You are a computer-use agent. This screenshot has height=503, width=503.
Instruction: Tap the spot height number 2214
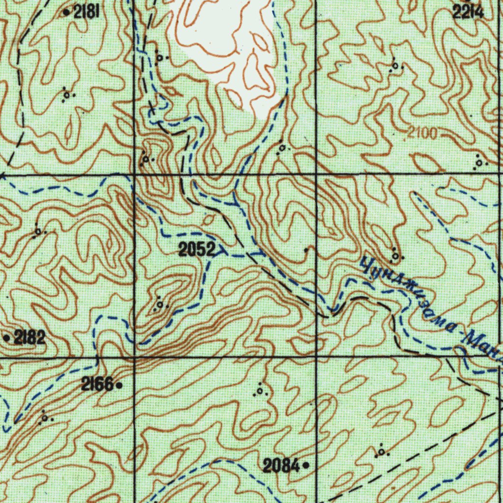[x=468, y=13]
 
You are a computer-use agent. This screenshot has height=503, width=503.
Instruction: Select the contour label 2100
[x=422, y=134]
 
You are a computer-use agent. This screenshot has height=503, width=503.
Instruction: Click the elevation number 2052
[x=196, y=251]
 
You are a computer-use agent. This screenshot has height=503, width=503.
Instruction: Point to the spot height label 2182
[x=29, y=337]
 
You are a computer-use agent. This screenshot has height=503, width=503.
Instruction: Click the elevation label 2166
[x=97, y=385]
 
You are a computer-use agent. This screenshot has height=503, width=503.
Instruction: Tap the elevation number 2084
[x=281, y=465]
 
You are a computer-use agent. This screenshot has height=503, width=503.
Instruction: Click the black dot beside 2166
[x=119, y=386]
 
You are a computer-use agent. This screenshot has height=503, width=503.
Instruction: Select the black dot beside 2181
[x=67, y=12]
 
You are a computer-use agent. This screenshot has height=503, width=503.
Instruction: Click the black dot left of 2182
[x=6, y=338]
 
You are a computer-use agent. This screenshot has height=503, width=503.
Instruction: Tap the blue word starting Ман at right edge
[x=484, y=346]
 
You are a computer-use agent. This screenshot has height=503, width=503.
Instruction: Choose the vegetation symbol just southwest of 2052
[x=161, y=304]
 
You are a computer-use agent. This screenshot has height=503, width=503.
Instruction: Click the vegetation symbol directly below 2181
[x=67, y=95]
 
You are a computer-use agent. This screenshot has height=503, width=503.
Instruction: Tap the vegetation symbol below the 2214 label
[x=395, y=67]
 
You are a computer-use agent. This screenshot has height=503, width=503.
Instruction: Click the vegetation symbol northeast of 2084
[x=382, y=451]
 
